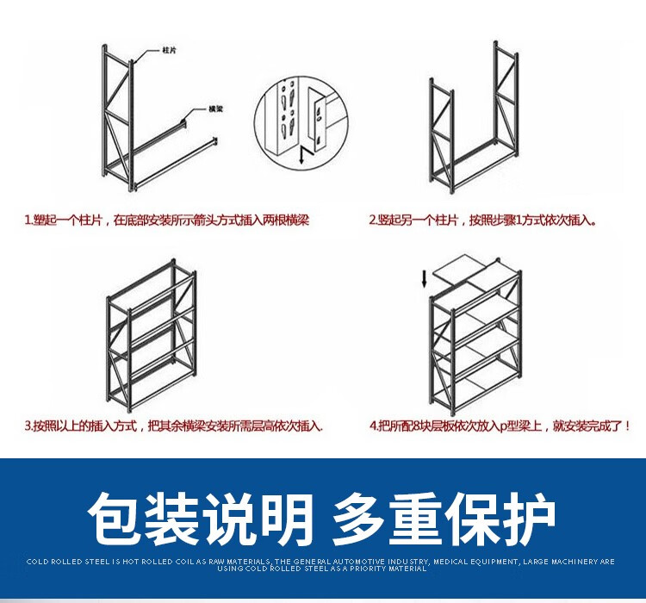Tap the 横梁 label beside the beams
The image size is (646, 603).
(x=214, y=109)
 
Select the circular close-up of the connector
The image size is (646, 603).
(x=297, y=120)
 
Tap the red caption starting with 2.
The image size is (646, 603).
(x=482, y=221)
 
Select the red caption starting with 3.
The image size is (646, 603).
(x=173, y=426)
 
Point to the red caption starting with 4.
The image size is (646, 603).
(x=500, y=426)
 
